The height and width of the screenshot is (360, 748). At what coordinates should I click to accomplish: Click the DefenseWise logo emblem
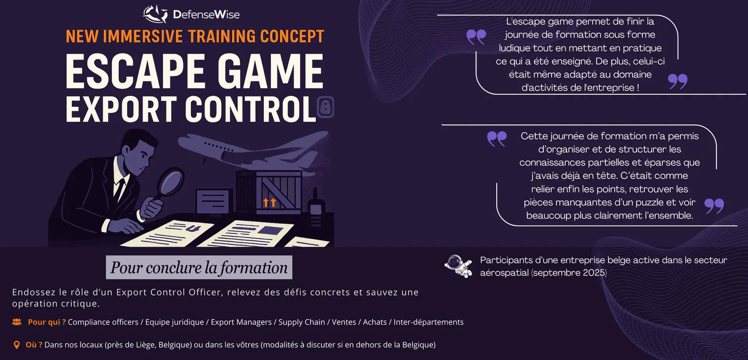click(x=155, y=14)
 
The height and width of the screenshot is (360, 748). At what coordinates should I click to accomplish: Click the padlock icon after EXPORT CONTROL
click(x=326, y=107)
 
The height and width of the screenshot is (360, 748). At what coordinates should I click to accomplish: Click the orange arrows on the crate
click(x=270, y=202)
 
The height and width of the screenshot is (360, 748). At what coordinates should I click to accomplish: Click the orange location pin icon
click(x=16, y=345)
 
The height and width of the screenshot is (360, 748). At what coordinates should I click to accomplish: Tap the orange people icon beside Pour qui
click(x=17, y=322)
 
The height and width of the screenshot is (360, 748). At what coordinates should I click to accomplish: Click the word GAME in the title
click(x=270, y=71)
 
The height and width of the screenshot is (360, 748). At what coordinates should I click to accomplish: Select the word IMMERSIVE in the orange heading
click(x=143, y=36)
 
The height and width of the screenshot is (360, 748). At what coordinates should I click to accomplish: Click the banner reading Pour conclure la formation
click(x=199, y=267)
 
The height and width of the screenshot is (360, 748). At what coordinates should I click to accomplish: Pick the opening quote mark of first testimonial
click(x=476, y=37)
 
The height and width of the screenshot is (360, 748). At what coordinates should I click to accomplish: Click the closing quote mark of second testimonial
click(x=714, y=206)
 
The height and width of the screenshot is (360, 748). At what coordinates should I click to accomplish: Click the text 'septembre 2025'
click(x=569, y=273)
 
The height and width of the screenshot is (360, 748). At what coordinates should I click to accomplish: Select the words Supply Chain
click(x=302, y=322)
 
